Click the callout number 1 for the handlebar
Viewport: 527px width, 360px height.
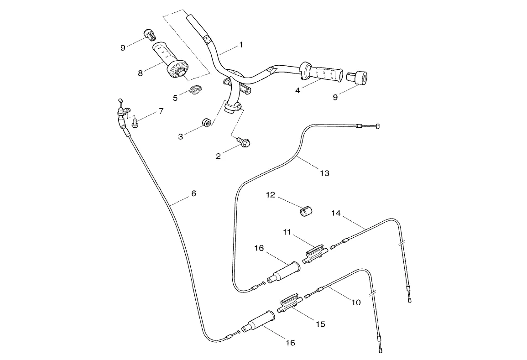coord(241,45)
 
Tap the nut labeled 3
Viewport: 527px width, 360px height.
coord(206,122)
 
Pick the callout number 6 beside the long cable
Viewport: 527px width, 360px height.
coord(193,193)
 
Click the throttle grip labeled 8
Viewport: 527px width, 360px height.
coord(172,61)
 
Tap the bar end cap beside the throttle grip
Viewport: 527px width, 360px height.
coord(150,34)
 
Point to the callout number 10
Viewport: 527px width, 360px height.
coord(355,302)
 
